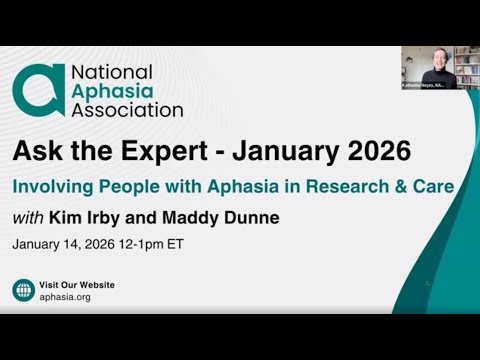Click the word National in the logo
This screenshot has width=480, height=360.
click(111, 72)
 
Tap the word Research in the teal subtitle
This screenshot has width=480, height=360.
click(355, 186)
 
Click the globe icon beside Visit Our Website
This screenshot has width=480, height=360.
click(23, 290)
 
